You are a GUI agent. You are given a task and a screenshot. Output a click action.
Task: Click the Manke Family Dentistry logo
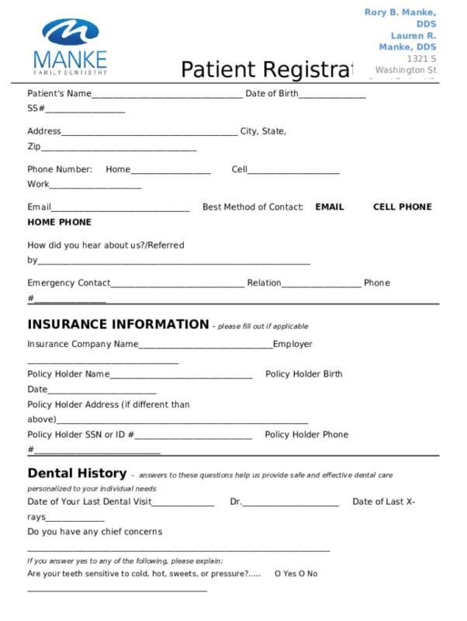(x=70, y=47)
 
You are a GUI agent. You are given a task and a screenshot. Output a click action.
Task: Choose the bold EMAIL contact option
(x=329, y=207)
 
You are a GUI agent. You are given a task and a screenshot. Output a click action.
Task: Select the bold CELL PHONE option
(x=402, y=207)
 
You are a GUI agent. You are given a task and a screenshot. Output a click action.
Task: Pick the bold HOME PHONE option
(x=59, y=222)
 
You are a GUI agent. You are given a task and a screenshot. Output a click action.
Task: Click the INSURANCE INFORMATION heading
(x=118, y=324)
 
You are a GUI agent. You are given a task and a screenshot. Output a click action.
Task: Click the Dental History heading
(x=77, y=473)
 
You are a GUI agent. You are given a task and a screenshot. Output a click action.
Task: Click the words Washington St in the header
(x=406, y=70)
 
